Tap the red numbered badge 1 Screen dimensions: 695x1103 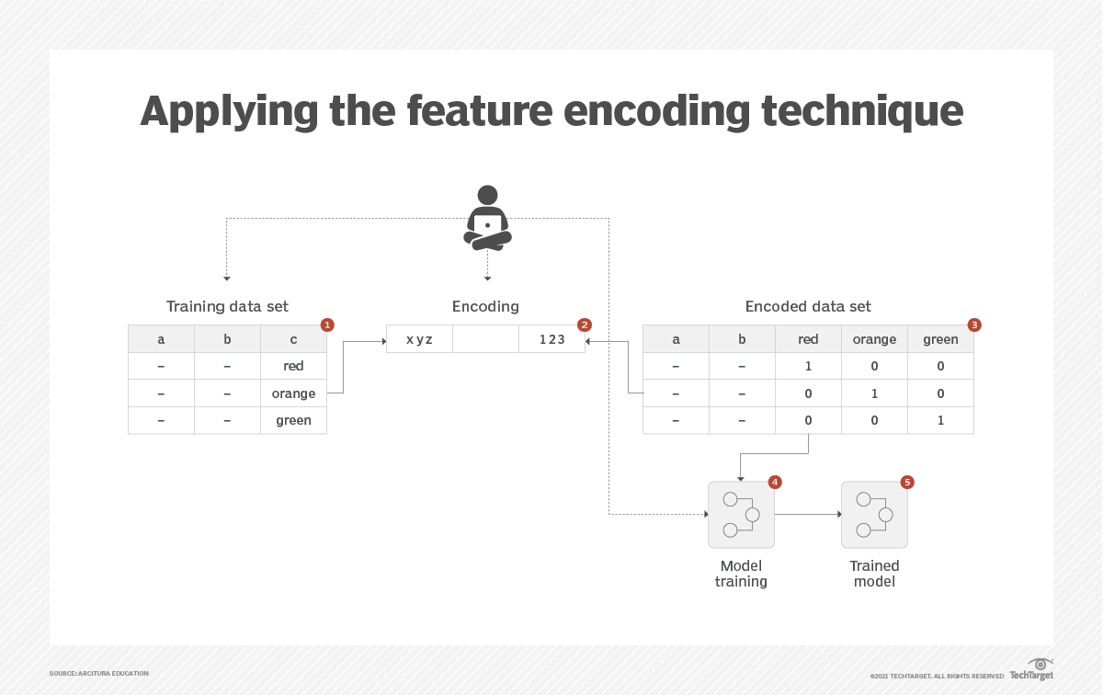[327, 325]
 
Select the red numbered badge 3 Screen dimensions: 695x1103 [974, 325]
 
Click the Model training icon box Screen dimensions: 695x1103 [741, 514]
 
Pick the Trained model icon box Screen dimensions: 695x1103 [874, 514]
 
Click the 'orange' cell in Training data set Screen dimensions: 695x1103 [293, 393]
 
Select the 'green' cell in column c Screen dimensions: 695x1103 [293, 420]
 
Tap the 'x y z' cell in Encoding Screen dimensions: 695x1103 [419, 339]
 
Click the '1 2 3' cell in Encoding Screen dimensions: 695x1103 [551, 339]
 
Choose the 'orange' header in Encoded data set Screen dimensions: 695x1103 [874, 339]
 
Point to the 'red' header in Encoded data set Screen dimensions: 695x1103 [808, 339]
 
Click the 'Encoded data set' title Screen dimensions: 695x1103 [808, 306]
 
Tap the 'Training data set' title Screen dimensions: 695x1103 [227, 306]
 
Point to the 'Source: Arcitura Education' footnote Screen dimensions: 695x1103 [98, 674]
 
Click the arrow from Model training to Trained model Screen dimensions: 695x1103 [807, 515]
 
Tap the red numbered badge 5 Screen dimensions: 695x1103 [907, 482]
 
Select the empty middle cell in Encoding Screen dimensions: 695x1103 [485, 339]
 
